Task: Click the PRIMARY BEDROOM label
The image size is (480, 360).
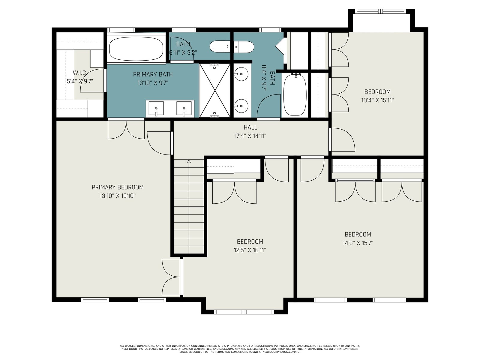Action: (x=118, y=187)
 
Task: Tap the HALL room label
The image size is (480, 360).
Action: (x=250, y=127)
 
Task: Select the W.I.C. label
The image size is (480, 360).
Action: (x=80, y=73)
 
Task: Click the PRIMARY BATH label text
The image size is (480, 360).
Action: (x=153, y=74)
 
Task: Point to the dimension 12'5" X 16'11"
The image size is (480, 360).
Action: (x=250, y=250)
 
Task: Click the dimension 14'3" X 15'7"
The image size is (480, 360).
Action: (x=358, y=243)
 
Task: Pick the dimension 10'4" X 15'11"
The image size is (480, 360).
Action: (x=377, y=100)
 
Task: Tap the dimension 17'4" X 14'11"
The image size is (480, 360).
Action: (x=250, y=136)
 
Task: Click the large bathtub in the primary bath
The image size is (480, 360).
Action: (x=136, y=49)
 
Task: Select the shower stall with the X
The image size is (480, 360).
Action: (x=215, y=91)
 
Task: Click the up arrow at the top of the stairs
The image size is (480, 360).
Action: (x=189, y=161)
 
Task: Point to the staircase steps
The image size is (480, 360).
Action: (x=189, y=206)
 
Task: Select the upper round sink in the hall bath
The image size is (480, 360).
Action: (x=241, y=74)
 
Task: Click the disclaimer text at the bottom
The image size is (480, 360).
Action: (x=240, y=349)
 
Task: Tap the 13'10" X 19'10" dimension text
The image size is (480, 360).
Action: (x=118, y=196)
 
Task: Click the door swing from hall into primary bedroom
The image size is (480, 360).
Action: (x=159, y=143)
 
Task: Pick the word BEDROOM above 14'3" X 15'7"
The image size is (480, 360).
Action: (x=358, y=235)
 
